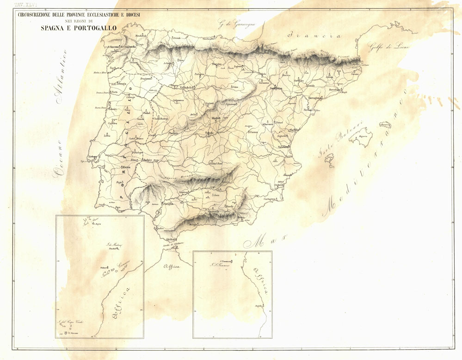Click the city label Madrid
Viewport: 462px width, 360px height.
(x=216, y=118)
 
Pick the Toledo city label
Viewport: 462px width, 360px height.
(x=209, y=133)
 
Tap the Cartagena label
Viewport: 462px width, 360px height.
(x=270, y=199)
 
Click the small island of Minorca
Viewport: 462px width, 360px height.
(x=384, y=125)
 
